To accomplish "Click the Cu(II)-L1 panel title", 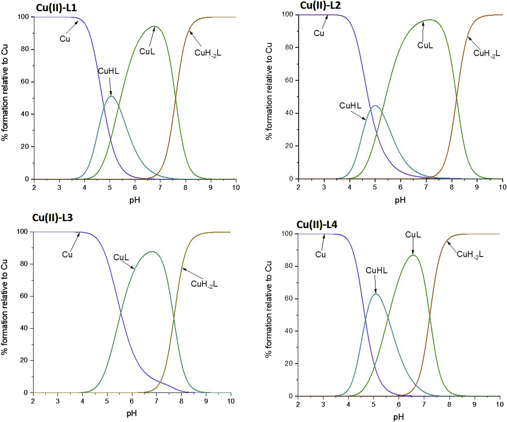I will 56,8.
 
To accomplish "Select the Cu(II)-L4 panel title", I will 317,224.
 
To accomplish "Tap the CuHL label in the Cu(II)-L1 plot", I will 108,71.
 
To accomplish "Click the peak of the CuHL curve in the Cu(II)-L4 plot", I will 375,294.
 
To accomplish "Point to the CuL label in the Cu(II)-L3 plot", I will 121,257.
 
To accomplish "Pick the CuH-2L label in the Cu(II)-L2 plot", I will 486,54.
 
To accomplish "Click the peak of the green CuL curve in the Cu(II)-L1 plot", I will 155,26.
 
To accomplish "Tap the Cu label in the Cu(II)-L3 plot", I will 67,255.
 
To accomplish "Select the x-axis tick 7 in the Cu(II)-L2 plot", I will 426,187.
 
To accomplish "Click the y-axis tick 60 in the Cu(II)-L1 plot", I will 25,82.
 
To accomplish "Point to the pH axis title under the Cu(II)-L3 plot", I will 132,413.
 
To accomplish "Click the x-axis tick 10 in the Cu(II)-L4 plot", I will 500,404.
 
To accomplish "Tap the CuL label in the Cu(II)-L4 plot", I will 413,235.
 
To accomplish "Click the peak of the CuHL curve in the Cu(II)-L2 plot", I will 375,106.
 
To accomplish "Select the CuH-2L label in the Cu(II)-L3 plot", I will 204,284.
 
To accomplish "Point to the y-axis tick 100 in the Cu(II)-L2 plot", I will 288,14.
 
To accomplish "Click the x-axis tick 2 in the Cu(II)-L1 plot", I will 34,188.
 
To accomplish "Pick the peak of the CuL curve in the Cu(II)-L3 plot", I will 152,251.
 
